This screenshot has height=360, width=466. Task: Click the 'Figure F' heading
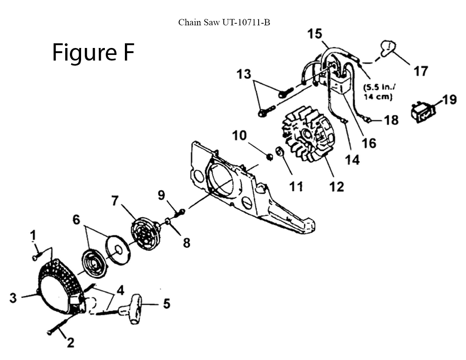click(93, 53)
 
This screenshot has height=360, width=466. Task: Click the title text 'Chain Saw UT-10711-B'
click(224, 22)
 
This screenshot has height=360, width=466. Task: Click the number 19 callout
click(449, 100)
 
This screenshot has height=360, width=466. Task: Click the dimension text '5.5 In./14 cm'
click(377, 92)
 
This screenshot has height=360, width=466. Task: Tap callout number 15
click(315, 34)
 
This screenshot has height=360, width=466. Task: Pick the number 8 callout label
click(186, 243)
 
